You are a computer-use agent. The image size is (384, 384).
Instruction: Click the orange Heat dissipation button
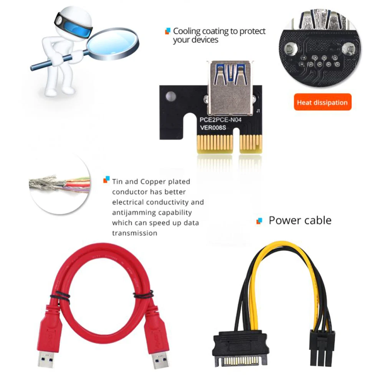323,102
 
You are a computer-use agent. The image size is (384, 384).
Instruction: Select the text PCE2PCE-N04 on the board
220,120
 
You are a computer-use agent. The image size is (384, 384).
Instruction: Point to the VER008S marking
213,127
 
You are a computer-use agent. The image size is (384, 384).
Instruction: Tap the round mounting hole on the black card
171,96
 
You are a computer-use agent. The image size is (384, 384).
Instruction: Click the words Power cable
300,220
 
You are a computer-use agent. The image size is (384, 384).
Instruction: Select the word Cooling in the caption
187,31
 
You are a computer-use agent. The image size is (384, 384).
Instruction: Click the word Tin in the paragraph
117,182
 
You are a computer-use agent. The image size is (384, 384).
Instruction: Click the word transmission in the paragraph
135,233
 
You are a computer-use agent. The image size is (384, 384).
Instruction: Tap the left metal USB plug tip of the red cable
46,359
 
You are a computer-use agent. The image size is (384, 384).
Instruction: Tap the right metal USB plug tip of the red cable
161,360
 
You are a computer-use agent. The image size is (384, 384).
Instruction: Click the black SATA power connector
240,349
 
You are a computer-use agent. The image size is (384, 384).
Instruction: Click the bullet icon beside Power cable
259,221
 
